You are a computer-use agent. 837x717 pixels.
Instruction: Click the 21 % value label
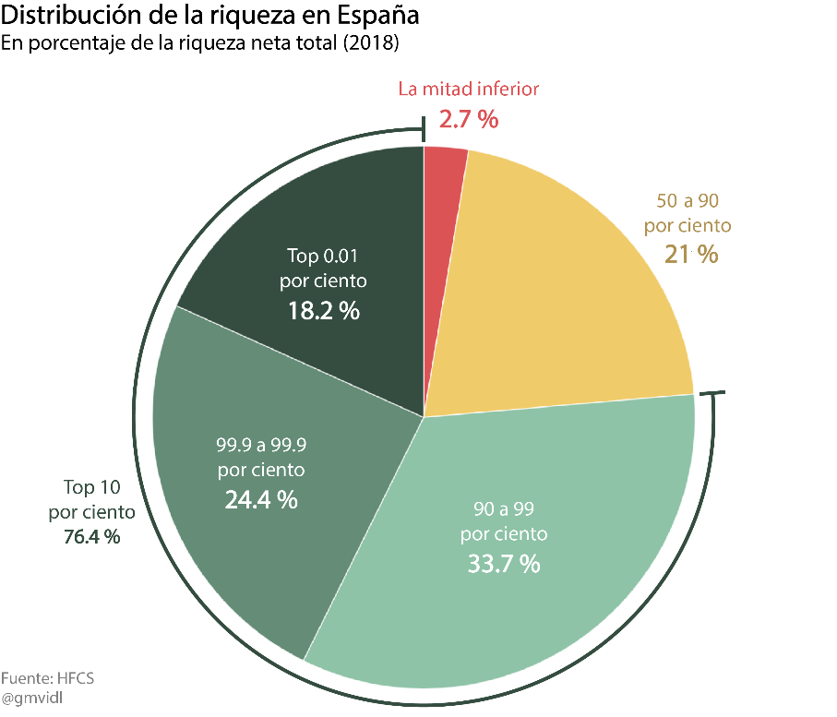pyautogui.click(x=690, y=254)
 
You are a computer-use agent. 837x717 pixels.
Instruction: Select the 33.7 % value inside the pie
pyautogui.click(x=503, y=564)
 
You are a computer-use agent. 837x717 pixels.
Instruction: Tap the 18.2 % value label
pyautogui.click(x=322, y=311)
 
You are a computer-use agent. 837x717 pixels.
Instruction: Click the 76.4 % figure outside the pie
pyautogui.click(x=91, y=537)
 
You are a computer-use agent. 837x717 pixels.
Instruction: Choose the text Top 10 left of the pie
pyautogui.click(x=91, y=486)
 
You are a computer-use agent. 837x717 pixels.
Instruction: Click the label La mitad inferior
pyautogui.click(x=468, y=90)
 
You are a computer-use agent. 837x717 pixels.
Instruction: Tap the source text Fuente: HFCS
pyautogui.click(x=47, y=678)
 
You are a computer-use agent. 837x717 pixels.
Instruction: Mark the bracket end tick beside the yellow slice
pyautogui.click(x=712, y=395)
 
